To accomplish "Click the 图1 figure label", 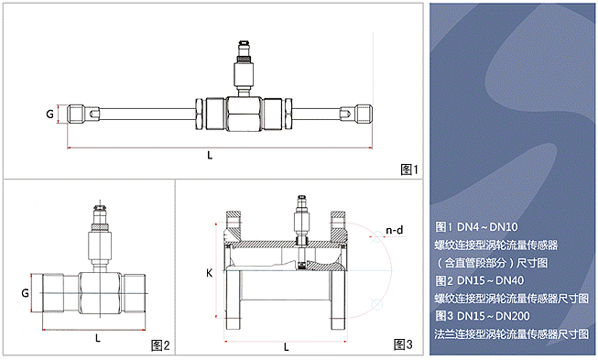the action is [x=409, y=169].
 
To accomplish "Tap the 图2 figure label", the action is [x=160, y=345].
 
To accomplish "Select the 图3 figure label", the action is [x=403, y=344].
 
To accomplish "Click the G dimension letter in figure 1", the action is [x=49, y=114].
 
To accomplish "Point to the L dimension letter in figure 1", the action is [x=210, y=155].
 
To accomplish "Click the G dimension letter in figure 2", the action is [x=25, y=293].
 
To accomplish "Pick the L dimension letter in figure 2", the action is [x=98, y=338].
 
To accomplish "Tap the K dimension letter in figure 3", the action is [x=209, y=273].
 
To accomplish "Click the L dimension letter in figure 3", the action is [x=286, y=346].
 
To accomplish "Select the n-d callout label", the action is [x=395, y=230].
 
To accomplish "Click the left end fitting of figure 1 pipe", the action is [x=76, y=114].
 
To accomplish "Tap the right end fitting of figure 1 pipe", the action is [x=363, y=114].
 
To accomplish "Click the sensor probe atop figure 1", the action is [x=244, y=68].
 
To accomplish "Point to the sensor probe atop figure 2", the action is [x=100, y=238].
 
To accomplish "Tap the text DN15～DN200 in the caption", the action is [x=494, y=316].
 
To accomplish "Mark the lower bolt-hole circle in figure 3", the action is [x=376, y=304].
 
